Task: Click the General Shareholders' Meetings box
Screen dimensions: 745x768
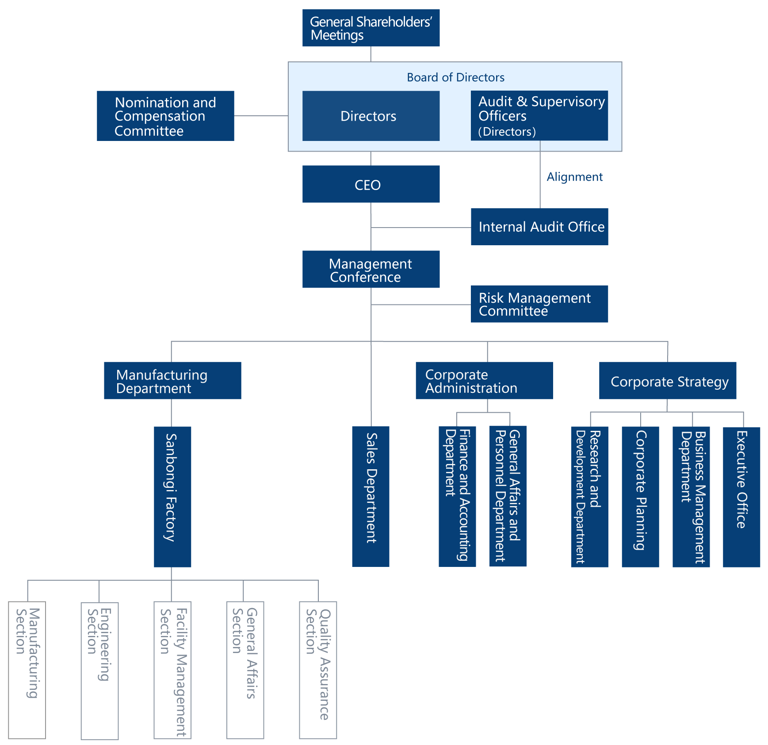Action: click(371, 28)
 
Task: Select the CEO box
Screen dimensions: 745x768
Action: click(371, 184)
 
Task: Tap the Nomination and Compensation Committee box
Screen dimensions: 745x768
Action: click(165, 116)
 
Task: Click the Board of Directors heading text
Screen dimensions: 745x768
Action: click(455, 78)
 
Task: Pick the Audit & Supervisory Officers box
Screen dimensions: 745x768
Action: click(539, 116)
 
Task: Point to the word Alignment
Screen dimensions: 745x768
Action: click(574, 177)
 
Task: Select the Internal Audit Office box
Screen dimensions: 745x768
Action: click(539, 227)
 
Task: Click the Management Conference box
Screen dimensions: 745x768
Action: click(371, 270)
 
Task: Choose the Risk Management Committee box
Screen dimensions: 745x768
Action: click(539, 304)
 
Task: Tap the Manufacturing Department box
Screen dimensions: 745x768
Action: click(172, 381)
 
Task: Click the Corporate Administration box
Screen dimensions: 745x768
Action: click(484, 381)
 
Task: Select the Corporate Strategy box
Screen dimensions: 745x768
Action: click(667, 381)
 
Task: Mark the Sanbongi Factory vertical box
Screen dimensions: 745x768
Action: click(172, 496)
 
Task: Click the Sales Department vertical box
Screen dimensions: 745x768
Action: click(371, 496)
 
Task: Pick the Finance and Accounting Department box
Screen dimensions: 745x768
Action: click(457, 496)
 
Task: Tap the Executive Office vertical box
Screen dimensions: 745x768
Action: click(741, 496)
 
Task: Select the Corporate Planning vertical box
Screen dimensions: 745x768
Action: click(640, 496)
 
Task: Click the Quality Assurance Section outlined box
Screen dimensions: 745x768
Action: click(318, 670)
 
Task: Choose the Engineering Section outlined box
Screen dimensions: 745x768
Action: click(99, 670)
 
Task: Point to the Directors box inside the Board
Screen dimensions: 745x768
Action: click(371, 116)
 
